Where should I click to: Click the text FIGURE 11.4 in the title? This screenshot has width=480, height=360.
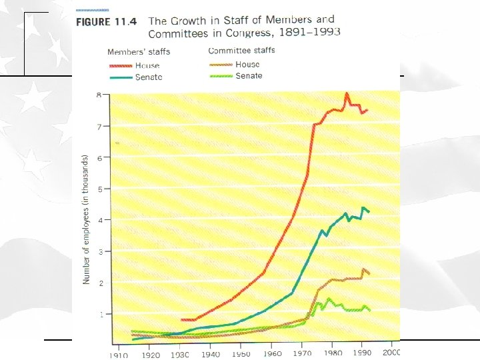107,21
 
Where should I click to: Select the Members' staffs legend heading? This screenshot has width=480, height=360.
138,52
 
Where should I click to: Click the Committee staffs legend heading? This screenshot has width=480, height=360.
241,51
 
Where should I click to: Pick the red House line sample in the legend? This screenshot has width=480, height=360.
120,66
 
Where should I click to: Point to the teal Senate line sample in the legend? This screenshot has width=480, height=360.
120,77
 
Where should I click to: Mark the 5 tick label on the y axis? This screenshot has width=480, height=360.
99,189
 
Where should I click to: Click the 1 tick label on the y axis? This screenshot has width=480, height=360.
99,314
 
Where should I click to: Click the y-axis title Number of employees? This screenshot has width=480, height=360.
86,220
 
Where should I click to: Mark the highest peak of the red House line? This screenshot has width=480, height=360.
347,94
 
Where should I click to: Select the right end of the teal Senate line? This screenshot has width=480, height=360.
369,212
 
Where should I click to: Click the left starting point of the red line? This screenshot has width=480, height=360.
181,320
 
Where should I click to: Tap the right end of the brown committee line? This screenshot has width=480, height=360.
369,274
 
